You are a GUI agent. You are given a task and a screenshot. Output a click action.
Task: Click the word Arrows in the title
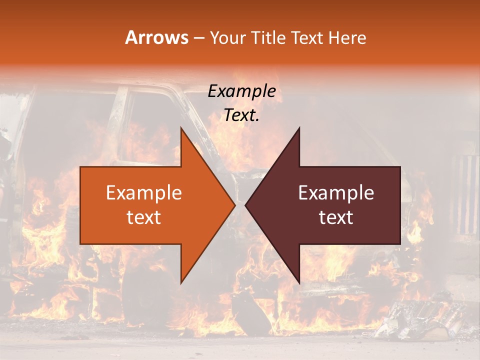(x=157, y=37)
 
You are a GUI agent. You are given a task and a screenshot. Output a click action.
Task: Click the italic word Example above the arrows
(x=241, y=91)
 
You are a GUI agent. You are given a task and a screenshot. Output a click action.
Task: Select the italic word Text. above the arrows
(x=241, y=115)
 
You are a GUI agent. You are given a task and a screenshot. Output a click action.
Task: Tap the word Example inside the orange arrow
(x=143, y=193)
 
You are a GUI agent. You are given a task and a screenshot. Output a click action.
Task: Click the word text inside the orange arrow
(x=143, y=217)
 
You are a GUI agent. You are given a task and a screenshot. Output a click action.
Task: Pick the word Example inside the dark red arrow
(x=336, y=193)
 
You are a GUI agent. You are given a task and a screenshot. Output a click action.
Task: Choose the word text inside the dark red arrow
(x=336, y=217)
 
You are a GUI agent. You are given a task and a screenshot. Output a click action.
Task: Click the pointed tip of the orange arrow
(x=235, y=205)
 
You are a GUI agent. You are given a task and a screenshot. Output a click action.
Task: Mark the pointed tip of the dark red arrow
(x=245, y=205)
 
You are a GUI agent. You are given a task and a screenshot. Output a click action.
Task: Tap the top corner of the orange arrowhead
(x=181, y=128)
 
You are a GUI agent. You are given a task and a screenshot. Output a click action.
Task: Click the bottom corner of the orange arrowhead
(x=181, y=283)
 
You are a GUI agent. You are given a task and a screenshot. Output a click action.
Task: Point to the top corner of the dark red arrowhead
(x=299, y=128)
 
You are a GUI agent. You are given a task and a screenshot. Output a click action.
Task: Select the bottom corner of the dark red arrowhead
(x=299, y=283)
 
